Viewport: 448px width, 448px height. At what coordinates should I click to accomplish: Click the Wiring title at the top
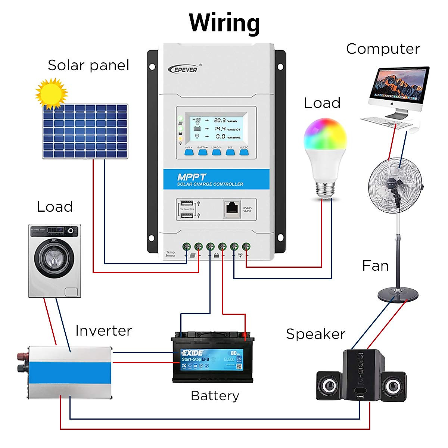click(224, 23)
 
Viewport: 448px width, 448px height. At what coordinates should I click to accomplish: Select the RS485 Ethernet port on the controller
click(233, 209)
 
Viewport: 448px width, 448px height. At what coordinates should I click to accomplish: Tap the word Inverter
click(103, 331)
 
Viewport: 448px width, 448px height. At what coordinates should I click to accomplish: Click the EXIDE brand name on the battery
click(192, 353)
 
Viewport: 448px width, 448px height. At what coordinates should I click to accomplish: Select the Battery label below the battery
click(215, 396)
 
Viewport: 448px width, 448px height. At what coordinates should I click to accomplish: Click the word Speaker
click(315, 334)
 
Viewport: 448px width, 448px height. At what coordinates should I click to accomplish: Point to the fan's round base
click(398, 295)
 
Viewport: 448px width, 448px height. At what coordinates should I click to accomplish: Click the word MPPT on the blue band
click(192, 177)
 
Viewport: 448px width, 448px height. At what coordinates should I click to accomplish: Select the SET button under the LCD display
click(230, 152)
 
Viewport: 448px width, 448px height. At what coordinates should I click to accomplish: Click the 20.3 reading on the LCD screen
click(220, 121)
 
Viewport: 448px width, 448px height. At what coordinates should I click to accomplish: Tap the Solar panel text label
click(88, 65)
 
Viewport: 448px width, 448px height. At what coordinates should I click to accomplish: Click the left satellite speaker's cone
click(329, 386)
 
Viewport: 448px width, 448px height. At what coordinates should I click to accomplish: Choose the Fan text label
click(375, 266)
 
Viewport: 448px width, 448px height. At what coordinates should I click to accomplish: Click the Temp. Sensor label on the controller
click(170, 254)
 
